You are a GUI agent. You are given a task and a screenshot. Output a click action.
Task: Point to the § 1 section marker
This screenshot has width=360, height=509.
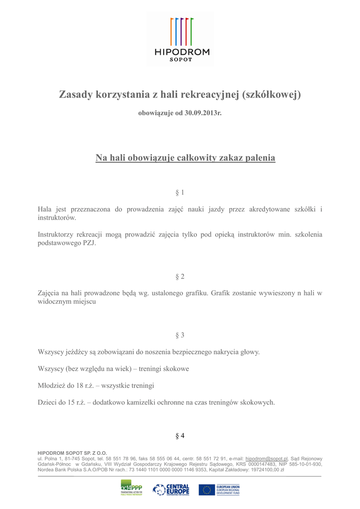[x=180, y=192]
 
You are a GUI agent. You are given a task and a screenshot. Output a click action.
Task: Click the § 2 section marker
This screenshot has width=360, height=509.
[x=180, y=276]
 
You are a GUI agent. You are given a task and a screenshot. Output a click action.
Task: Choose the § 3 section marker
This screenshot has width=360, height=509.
[x=180, y=335]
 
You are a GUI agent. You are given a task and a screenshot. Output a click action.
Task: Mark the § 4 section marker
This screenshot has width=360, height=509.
[x=180, y=436]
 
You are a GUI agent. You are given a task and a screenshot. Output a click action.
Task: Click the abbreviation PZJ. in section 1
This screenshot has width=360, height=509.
[x=86, y=244]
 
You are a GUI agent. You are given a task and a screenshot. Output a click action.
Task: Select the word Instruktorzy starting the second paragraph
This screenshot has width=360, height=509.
[x=56, y=235]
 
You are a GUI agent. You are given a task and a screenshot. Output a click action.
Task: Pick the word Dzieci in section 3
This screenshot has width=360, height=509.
[x=48, y=403]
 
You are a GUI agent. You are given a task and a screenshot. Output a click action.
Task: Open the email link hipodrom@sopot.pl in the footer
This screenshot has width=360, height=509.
[x=267, y=459]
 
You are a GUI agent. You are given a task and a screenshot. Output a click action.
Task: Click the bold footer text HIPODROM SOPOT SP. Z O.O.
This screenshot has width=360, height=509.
[x=73, y=453]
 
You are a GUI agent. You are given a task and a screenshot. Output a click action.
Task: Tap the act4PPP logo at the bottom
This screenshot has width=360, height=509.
[x=131, y=488]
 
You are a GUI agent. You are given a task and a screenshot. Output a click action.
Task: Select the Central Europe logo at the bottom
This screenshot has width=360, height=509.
[x=171, y=489]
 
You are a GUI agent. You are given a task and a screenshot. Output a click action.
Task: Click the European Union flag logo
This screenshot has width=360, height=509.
[x=207, y=490]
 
